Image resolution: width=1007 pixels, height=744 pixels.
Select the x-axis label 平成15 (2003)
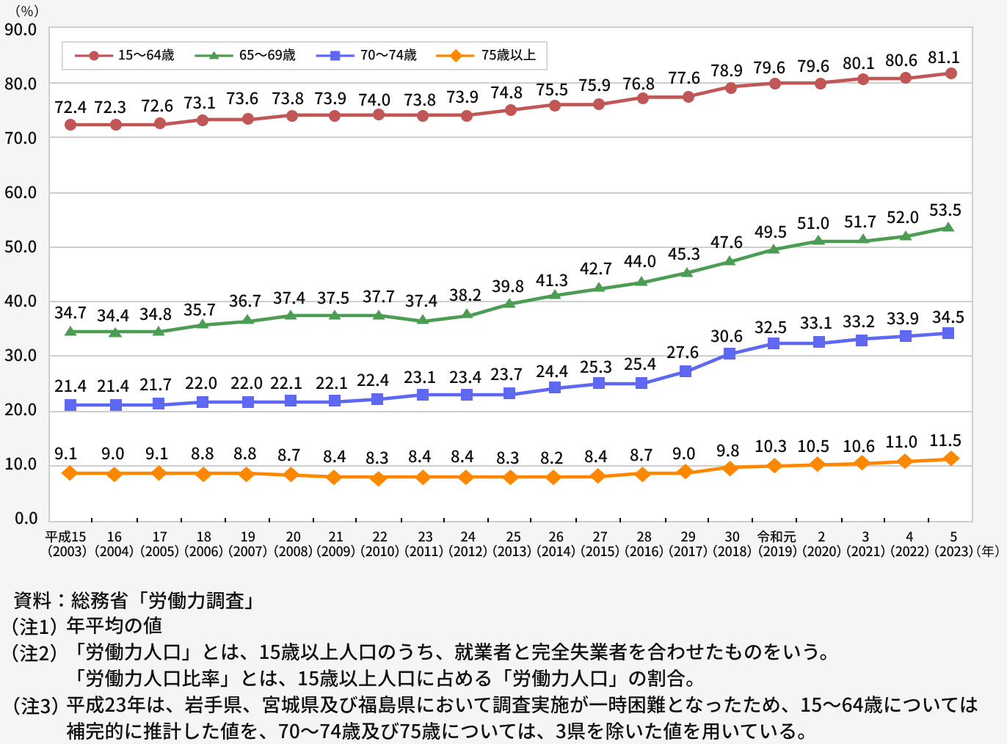[67, 544]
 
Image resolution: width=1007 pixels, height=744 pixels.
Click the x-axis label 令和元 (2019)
[777, 544]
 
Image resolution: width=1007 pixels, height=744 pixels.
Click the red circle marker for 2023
[950, 73]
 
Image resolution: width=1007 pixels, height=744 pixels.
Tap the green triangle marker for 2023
[948, 227]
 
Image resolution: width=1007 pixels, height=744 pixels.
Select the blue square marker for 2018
[730, 354]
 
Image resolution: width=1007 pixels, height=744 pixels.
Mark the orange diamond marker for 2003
[70, 473]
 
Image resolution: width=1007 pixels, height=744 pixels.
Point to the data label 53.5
[945, 211]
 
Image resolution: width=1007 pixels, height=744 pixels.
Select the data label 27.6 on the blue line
[683, 352]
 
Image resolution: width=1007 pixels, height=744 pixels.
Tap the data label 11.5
[945, 441]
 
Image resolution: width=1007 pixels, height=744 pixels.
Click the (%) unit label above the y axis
[27, 11]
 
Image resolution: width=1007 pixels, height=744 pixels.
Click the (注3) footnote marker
[34, 706]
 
